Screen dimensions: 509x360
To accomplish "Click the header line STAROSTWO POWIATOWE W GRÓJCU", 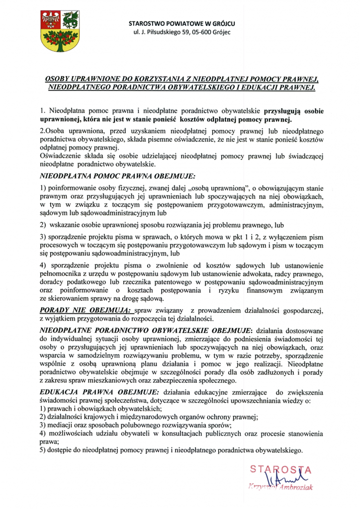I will (182, 24).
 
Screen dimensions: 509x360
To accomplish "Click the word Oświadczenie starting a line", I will (61, 157).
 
